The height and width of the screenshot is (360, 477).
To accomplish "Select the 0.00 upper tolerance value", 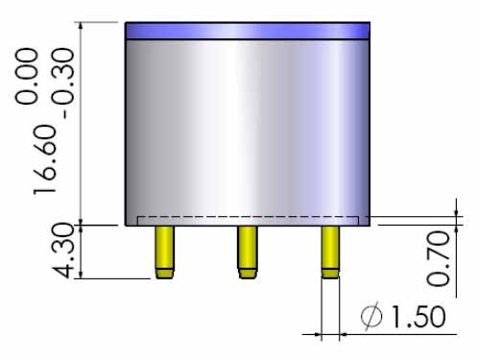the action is pyautogui.click(x=27, y=77).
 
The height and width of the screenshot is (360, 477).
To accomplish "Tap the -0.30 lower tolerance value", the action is pyautogui.click(x=62, y=84).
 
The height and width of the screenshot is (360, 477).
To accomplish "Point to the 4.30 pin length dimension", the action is pyautogui.click(x=62, y=251).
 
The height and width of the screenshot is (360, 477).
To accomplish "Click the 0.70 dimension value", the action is pyautogui.click(x=439, y=258).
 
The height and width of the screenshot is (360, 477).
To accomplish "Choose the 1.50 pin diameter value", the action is pyautogui.click(x=418, y=317).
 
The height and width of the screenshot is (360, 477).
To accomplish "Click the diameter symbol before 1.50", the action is pyautogui.click(x=371, y=316).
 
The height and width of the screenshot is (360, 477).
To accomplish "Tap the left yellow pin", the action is pyautogui.click(x=164, y=252).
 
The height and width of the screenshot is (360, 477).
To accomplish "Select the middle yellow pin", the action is pyautogui.click(x=248, y=252).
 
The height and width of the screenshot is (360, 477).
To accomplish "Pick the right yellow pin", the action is pyautogui.click(x=330, y=252).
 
